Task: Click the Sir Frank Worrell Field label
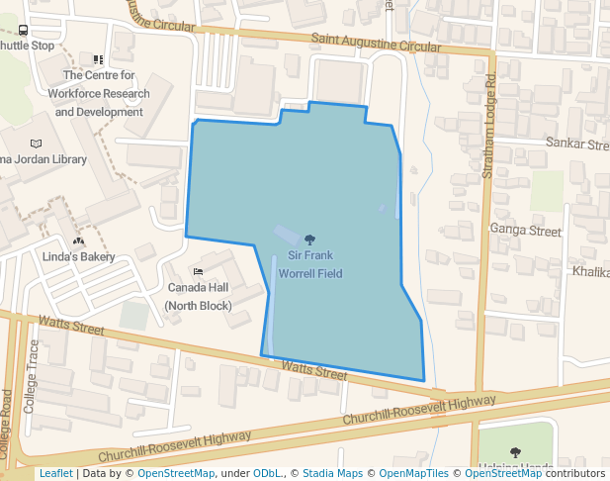point(309,263)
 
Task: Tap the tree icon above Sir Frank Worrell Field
point(309,239)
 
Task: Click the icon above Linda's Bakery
point(78,240)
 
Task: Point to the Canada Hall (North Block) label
point(198,296)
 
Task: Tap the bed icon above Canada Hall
point(198,271)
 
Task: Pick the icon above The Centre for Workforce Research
point(98,60)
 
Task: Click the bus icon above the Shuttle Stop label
point(23,31)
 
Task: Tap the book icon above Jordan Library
point(37,144)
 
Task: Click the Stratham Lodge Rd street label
point(486,125)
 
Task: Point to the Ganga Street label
point(525,231)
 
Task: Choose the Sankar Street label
point(578,144)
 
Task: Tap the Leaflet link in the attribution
point(55,473)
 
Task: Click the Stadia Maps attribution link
point(331,473)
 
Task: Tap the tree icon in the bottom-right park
point(514,452)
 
